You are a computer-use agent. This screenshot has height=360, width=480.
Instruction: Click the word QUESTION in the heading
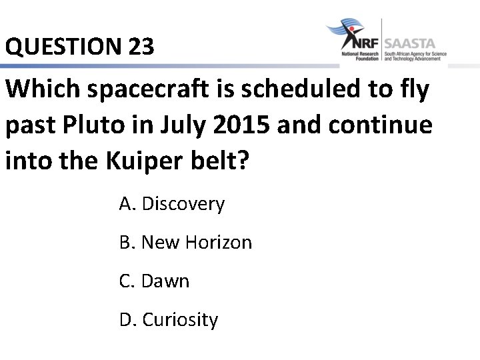[x=60, y=47]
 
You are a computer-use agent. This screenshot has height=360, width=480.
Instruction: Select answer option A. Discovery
[x=171, y=204]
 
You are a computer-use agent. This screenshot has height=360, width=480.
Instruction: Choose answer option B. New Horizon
[x=185, y=243]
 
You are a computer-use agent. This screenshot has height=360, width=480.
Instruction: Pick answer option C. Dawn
[x=154, y=281]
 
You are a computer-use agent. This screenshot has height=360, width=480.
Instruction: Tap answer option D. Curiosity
[x=168, y=320]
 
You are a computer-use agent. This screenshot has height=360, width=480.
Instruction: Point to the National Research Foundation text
[x=359, y=56]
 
